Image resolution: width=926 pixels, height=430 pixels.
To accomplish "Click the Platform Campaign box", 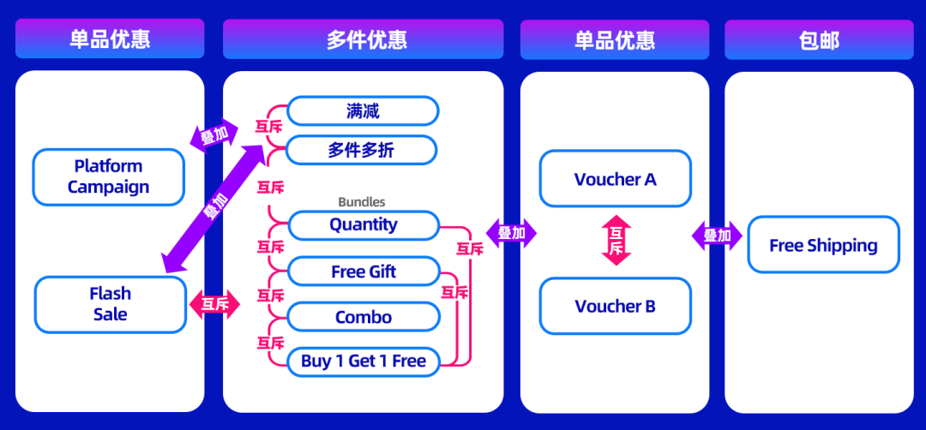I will (x=109, y=177).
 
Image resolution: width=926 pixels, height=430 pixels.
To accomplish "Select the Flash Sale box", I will (x=110, y=304).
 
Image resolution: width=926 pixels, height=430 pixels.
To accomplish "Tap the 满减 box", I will (x=363, y=111).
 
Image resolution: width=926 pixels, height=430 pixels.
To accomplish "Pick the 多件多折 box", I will (x=361, y=151).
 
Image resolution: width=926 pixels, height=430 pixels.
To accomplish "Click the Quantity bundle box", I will (x=364, y=225).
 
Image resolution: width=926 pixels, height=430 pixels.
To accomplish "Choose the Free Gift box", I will (x=364, y=272).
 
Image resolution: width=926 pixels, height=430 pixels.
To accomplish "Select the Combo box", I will (x=364, y=317).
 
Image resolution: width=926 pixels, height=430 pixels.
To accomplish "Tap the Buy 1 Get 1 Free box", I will (x=364, y=361).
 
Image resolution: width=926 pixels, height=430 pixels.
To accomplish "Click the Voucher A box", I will (x=615, y=179).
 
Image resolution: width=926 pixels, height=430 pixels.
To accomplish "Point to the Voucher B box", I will (x=615, y=306).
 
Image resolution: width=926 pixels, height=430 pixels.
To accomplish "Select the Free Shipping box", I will (x=823, y=245).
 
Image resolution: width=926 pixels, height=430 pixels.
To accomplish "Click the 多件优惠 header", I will (x=363, y=39).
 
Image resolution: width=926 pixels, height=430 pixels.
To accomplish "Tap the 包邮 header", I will (x=819, y=39).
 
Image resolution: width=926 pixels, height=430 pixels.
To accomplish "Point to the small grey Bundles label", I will (x=362, y=202).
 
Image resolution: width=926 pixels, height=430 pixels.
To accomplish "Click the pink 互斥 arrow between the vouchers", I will (x=616, y=240).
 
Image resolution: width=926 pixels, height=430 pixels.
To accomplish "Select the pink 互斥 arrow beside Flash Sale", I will (x=214, y=303).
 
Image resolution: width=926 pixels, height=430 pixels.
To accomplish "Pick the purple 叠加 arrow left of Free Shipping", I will (x=717, y=236).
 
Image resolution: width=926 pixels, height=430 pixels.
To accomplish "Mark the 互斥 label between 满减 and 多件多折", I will (x=268, y=128).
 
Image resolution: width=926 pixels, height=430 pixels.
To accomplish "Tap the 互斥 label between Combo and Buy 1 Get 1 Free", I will (x=271, y=343).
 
